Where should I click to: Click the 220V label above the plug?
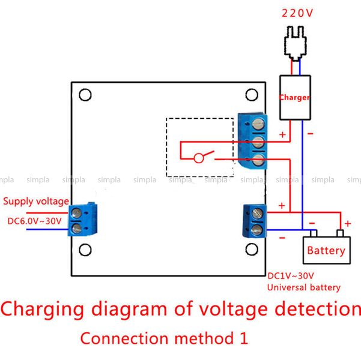click(297, 13)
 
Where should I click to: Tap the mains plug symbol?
click(296, 43)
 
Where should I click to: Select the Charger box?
click(295, 98)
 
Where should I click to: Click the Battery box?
click(327, 250)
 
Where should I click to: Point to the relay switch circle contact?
click(199, 158)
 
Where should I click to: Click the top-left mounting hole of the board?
click(85, 95)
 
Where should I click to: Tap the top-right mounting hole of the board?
click(252, 95)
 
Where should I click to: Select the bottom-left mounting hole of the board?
click(85, 250)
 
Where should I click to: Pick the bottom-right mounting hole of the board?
click(252, 250)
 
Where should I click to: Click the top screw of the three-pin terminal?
click(258, 124)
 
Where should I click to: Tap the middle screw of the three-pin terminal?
click(258, 142)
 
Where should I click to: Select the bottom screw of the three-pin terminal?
click(258, 160)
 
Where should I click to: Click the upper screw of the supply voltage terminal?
click(76, 213)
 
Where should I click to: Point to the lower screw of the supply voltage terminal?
click(76, 229)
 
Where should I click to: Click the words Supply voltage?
click(36, 202)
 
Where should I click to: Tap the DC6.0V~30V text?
click(34, 221)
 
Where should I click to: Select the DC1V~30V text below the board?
click(291, 276)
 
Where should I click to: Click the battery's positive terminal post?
click(341, 233)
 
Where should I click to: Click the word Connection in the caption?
click(124, 338)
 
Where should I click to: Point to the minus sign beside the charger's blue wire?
click(311, 134)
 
